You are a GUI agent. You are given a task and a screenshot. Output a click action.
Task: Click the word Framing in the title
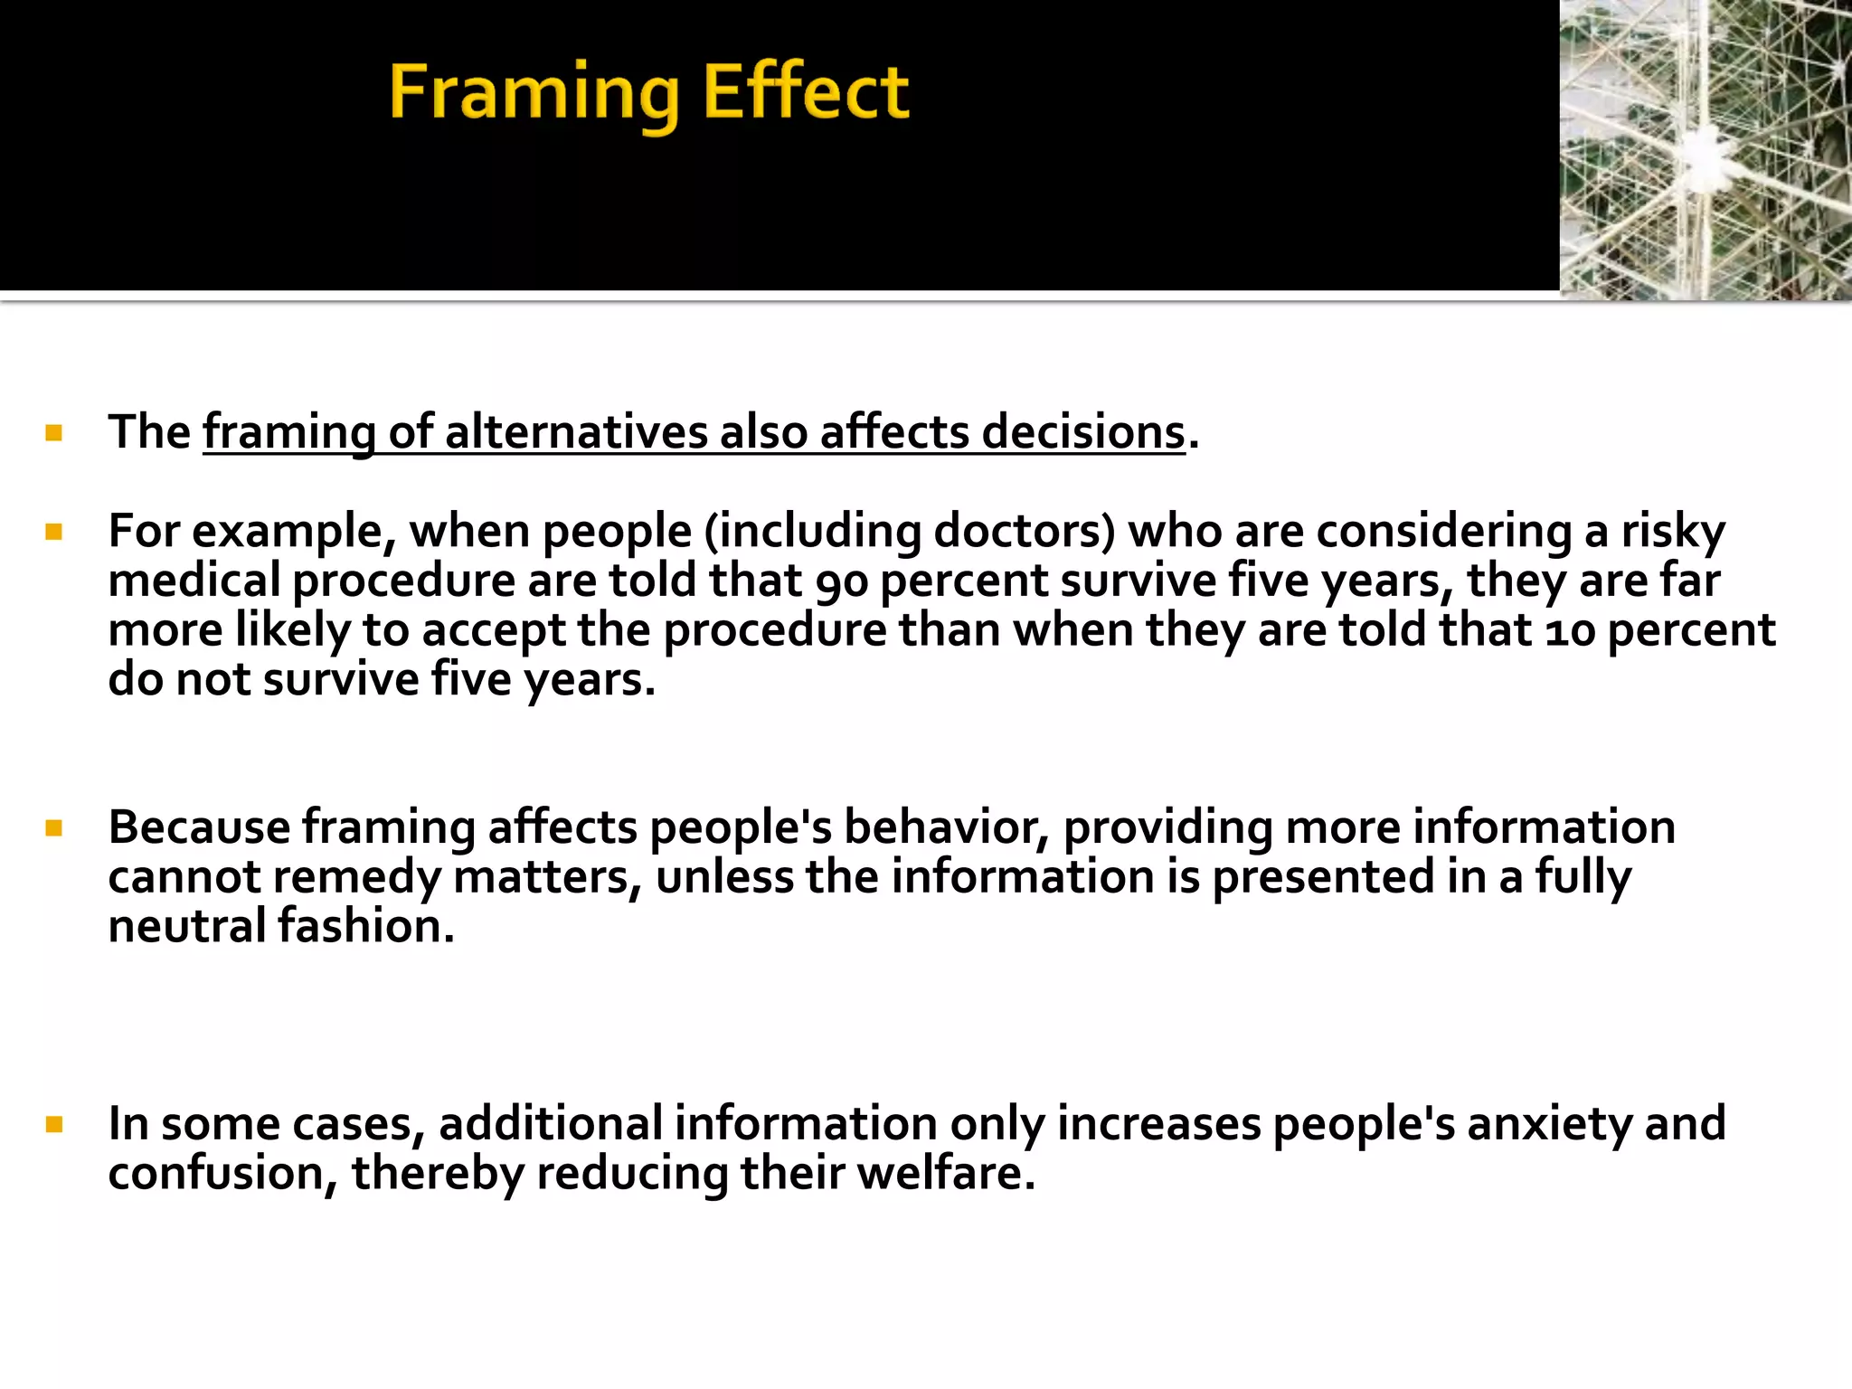point(534,93)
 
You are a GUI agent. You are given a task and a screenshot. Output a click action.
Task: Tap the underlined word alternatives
point(576,432)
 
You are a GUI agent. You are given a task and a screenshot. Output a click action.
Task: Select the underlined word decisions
point(1082,432)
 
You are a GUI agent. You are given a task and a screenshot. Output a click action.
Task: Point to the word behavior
point(946,827)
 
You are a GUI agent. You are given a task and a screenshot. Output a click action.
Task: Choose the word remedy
point(356,877)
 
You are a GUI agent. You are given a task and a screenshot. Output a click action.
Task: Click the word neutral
point(187,926)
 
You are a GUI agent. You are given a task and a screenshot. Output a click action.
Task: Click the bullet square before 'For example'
point(53,532)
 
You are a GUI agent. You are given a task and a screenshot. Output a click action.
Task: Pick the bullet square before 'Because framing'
point(53,828)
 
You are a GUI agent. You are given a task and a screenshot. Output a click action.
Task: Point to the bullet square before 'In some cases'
point(53,1125)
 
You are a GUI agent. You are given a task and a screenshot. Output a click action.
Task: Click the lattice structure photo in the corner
point(1706,149)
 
